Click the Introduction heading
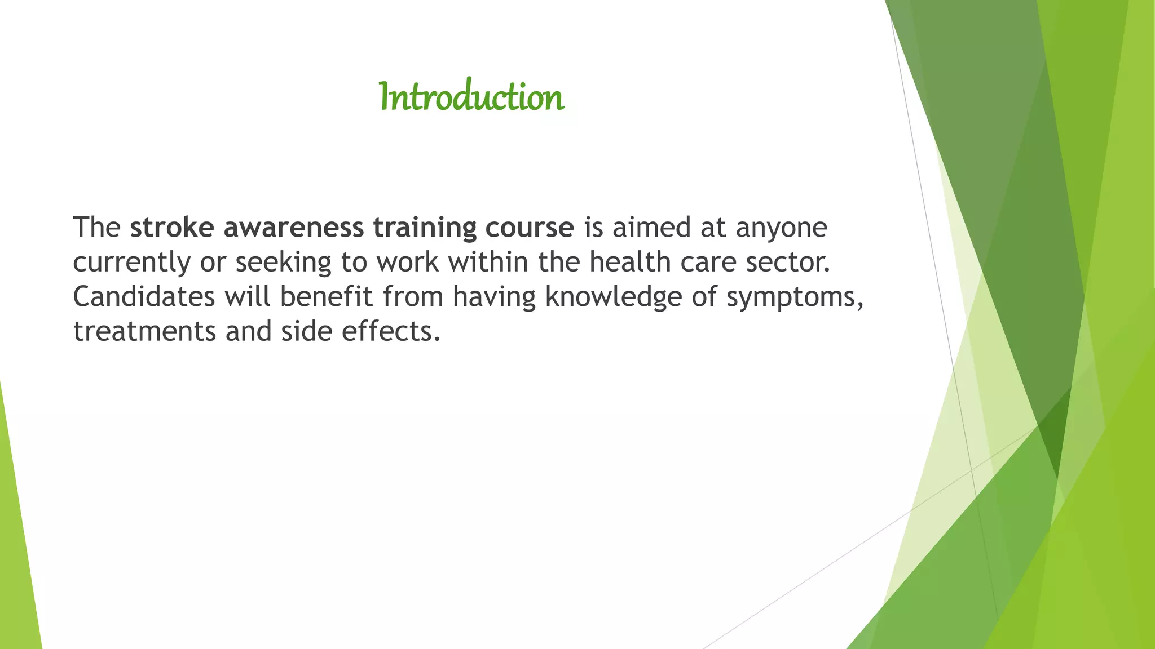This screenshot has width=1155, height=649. point(471,97)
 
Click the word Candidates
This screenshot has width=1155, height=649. point(144,297)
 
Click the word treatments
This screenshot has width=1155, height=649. point(144,331)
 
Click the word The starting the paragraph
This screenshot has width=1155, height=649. point(96,228)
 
